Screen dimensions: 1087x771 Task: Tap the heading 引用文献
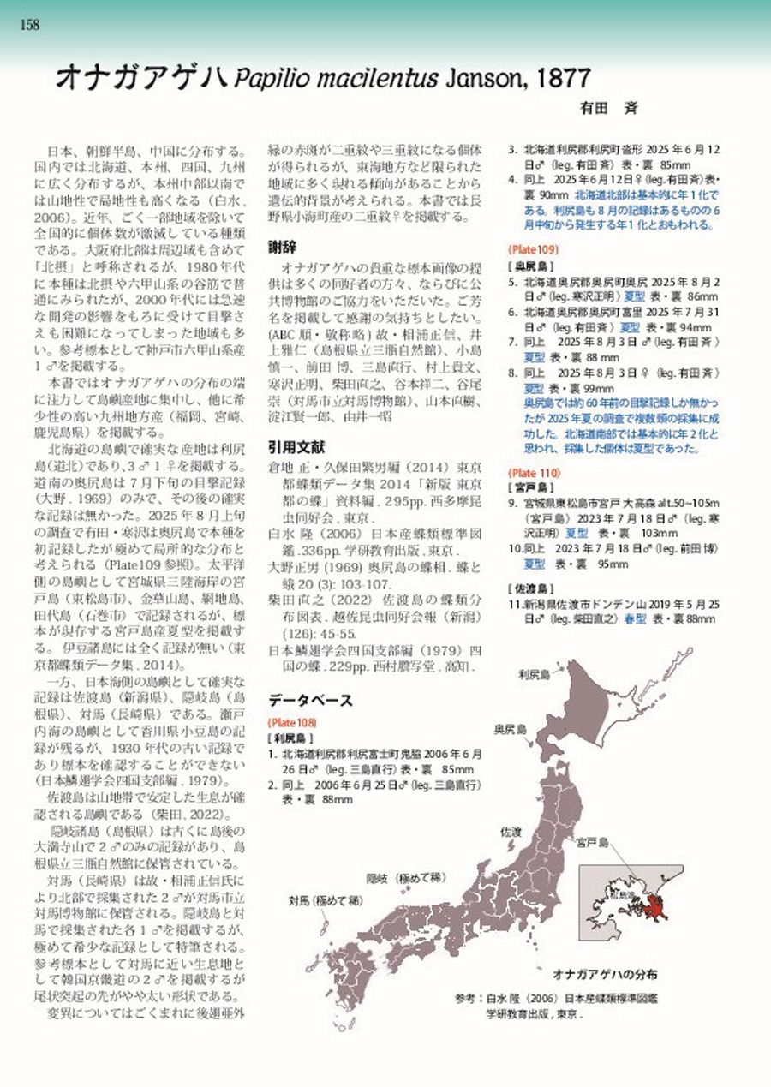296,446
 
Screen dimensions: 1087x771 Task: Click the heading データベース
309,700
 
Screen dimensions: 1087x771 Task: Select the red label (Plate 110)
534,472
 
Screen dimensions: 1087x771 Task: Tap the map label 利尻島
533,674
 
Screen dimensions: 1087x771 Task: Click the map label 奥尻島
510,730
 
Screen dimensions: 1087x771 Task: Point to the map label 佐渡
511,831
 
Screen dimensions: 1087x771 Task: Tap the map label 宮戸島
591,843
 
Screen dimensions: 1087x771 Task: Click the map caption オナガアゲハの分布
606,975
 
